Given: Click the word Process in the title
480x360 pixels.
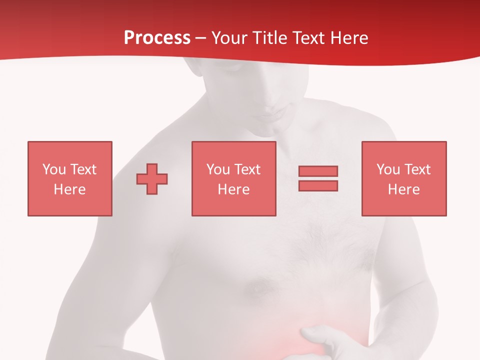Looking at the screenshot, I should point(157,38).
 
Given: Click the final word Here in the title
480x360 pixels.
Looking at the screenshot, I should point(350,38).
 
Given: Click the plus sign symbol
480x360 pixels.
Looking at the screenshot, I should point(152,178).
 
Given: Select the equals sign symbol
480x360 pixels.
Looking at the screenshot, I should point(318,178).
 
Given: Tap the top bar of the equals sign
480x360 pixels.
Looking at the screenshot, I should point(318,171).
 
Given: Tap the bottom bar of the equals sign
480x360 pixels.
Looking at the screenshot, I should point(318,185).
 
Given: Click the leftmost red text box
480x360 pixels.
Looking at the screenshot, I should point(69,178).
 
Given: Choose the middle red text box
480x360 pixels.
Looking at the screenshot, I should point(233,178).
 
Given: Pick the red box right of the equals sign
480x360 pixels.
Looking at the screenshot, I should point(403,178).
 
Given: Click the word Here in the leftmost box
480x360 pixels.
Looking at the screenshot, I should point(69,189).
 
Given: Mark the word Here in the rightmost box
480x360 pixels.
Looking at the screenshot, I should point(403,189).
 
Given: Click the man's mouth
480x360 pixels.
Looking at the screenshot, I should point(265,117).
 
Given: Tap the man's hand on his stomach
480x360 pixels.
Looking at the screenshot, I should point(325,340).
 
